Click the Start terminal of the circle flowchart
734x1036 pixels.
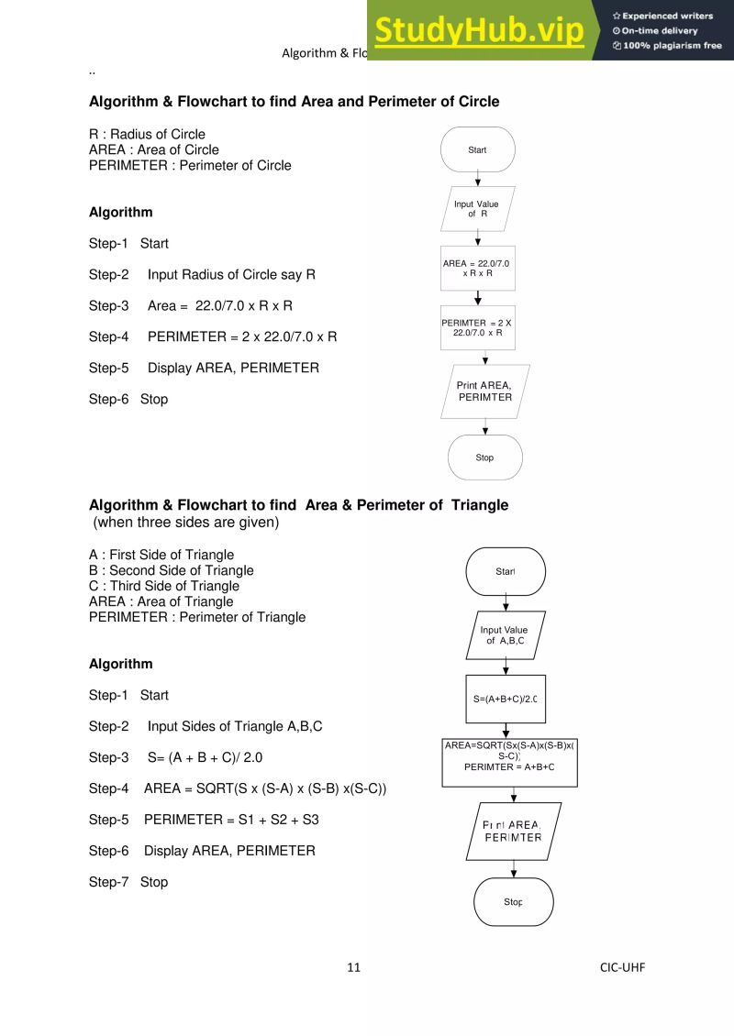click(477, 149)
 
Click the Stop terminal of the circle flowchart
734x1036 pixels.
click(484, 457)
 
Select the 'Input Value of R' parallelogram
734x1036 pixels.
click(477, 209)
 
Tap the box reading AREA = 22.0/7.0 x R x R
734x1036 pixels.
click(477, 268)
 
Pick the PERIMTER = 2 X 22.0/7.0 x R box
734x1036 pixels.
click(477, 327)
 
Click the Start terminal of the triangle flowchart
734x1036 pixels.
click(506, 571)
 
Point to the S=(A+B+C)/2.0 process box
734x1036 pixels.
click(506, 699)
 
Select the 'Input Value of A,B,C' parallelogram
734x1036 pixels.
click(506, 635)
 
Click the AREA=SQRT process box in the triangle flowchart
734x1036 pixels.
click(509, 763)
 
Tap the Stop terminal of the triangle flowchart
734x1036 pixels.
click(513, 902)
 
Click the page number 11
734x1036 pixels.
click(353, 967)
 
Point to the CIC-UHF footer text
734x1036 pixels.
click(622, 967)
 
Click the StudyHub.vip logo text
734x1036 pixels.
click(479, 31)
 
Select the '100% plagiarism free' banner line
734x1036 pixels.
click(667, 46)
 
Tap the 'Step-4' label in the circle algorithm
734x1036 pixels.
click(109, 336)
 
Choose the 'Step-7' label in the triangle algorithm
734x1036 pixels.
click(109, 882)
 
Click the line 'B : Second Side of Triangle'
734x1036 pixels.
click(171, 570)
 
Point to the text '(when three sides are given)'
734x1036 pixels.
click(186, 523)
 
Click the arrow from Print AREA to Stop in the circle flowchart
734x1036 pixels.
click(484, 426)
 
